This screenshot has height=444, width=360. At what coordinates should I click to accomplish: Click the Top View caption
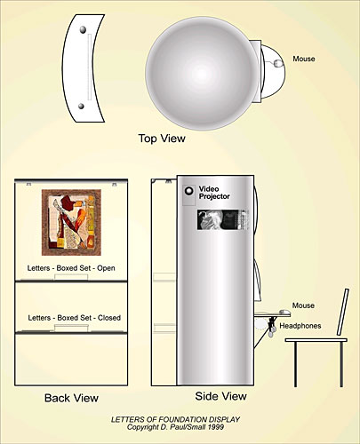pyautogui.click(x=162, y=139)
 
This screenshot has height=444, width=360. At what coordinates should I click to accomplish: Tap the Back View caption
pyautogui.click(x=71, y=398)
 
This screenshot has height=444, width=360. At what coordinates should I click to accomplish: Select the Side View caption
pyautogui.click(x=220, y=396)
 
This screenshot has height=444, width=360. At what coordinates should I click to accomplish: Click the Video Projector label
pyautogui.click(x=214, y=193)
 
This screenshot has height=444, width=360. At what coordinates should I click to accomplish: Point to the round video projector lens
pyautogui.click(x=188, y=191)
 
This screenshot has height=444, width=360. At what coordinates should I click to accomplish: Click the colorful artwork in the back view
pyautogui.click(x=71, y=222)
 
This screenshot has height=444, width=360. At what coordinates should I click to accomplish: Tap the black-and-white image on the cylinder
pyautogui.click(x=221, y=219)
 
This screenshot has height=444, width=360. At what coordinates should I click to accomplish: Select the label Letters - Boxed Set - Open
pyautogui.click(x=71, y=268)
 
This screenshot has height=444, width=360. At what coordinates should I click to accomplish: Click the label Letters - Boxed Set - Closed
pyautogui.click(x=75, y=318)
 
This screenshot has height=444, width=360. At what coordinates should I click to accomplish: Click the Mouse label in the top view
pyautogui.click(x=304, y=59)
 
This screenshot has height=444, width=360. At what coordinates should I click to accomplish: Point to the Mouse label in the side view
pyautogui.click(x=303, y=305)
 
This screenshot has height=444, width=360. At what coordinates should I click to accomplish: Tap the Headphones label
pyautogui.click(x=300, y=326)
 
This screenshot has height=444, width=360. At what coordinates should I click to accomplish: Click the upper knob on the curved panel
pyautogui.click(x=83, y=29)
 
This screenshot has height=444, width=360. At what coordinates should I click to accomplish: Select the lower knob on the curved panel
pyautogui.click(x=81, y=106)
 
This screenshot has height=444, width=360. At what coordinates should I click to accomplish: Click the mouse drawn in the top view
pyautogui.click(x=278, y=63)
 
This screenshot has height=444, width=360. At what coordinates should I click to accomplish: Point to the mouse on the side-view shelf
pyautogui.click(x=285, y=312)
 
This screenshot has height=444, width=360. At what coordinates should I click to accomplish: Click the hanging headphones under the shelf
pyautogui.click(x=270, y=328)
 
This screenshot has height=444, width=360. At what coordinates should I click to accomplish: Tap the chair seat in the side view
pyautogui.click(x=316, y=340)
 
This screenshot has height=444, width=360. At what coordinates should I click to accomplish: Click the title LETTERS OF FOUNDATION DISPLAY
pyautogui.click(x=175, y=419)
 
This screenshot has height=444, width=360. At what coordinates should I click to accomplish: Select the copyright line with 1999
pyautogui.click(x=175, y=427)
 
